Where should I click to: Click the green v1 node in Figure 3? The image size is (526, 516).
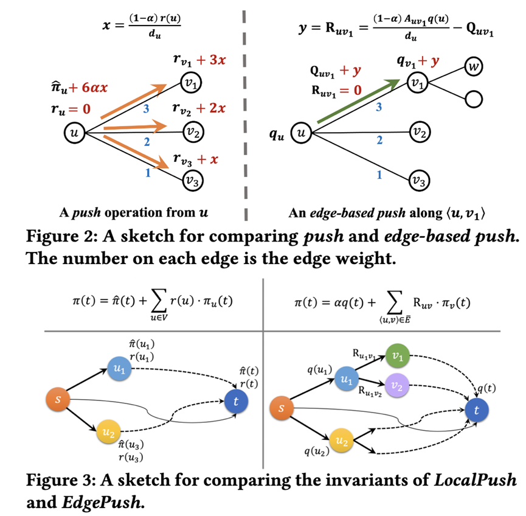coord(396,358)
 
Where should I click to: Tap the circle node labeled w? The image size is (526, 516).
coord(473,68)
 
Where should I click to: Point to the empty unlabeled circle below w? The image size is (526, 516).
coord(473,98)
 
